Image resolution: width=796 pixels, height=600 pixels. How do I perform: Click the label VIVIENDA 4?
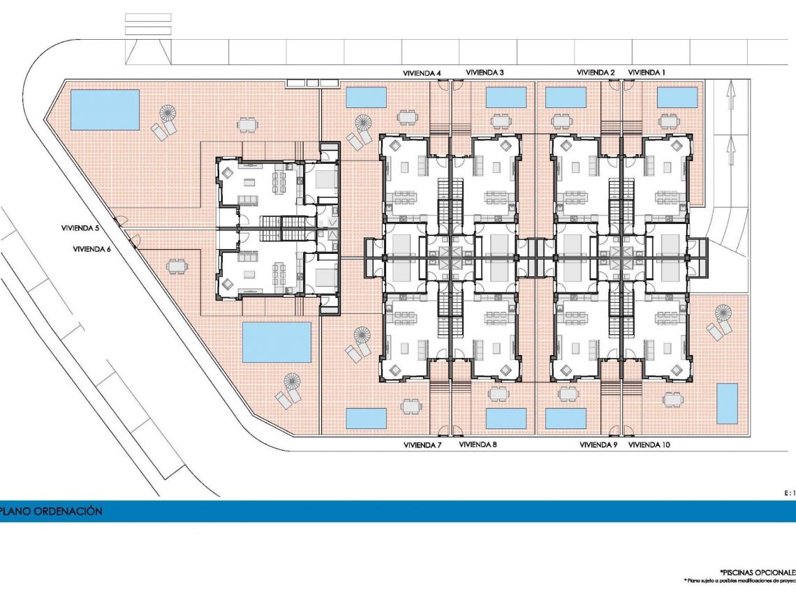[422, 73]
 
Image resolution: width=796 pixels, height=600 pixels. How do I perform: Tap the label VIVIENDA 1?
[647, 73]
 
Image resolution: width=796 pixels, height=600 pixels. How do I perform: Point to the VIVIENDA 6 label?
[91, 248]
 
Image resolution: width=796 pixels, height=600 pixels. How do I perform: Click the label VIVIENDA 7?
[422, 444]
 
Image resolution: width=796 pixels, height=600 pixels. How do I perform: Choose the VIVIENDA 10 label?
[649, 444]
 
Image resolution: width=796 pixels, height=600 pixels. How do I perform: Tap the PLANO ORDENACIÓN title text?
[52, 511]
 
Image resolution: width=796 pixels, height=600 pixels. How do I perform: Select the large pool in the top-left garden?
[105, 110]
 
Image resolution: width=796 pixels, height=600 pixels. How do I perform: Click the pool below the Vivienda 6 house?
[277, 342]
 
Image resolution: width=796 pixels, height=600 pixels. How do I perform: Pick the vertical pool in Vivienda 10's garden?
[727, 404]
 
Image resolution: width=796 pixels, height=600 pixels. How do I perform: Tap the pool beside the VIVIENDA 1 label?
[677, 98]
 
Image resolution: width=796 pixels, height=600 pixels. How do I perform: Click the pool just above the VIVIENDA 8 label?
[506, 419]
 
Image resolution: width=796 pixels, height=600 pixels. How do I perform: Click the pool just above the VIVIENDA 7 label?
[366, 419]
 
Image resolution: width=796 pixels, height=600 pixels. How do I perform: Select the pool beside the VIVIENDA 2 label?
[565, 98]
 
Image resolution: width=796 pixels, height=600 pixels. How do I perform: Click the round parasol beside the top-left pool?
[169, 112]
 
